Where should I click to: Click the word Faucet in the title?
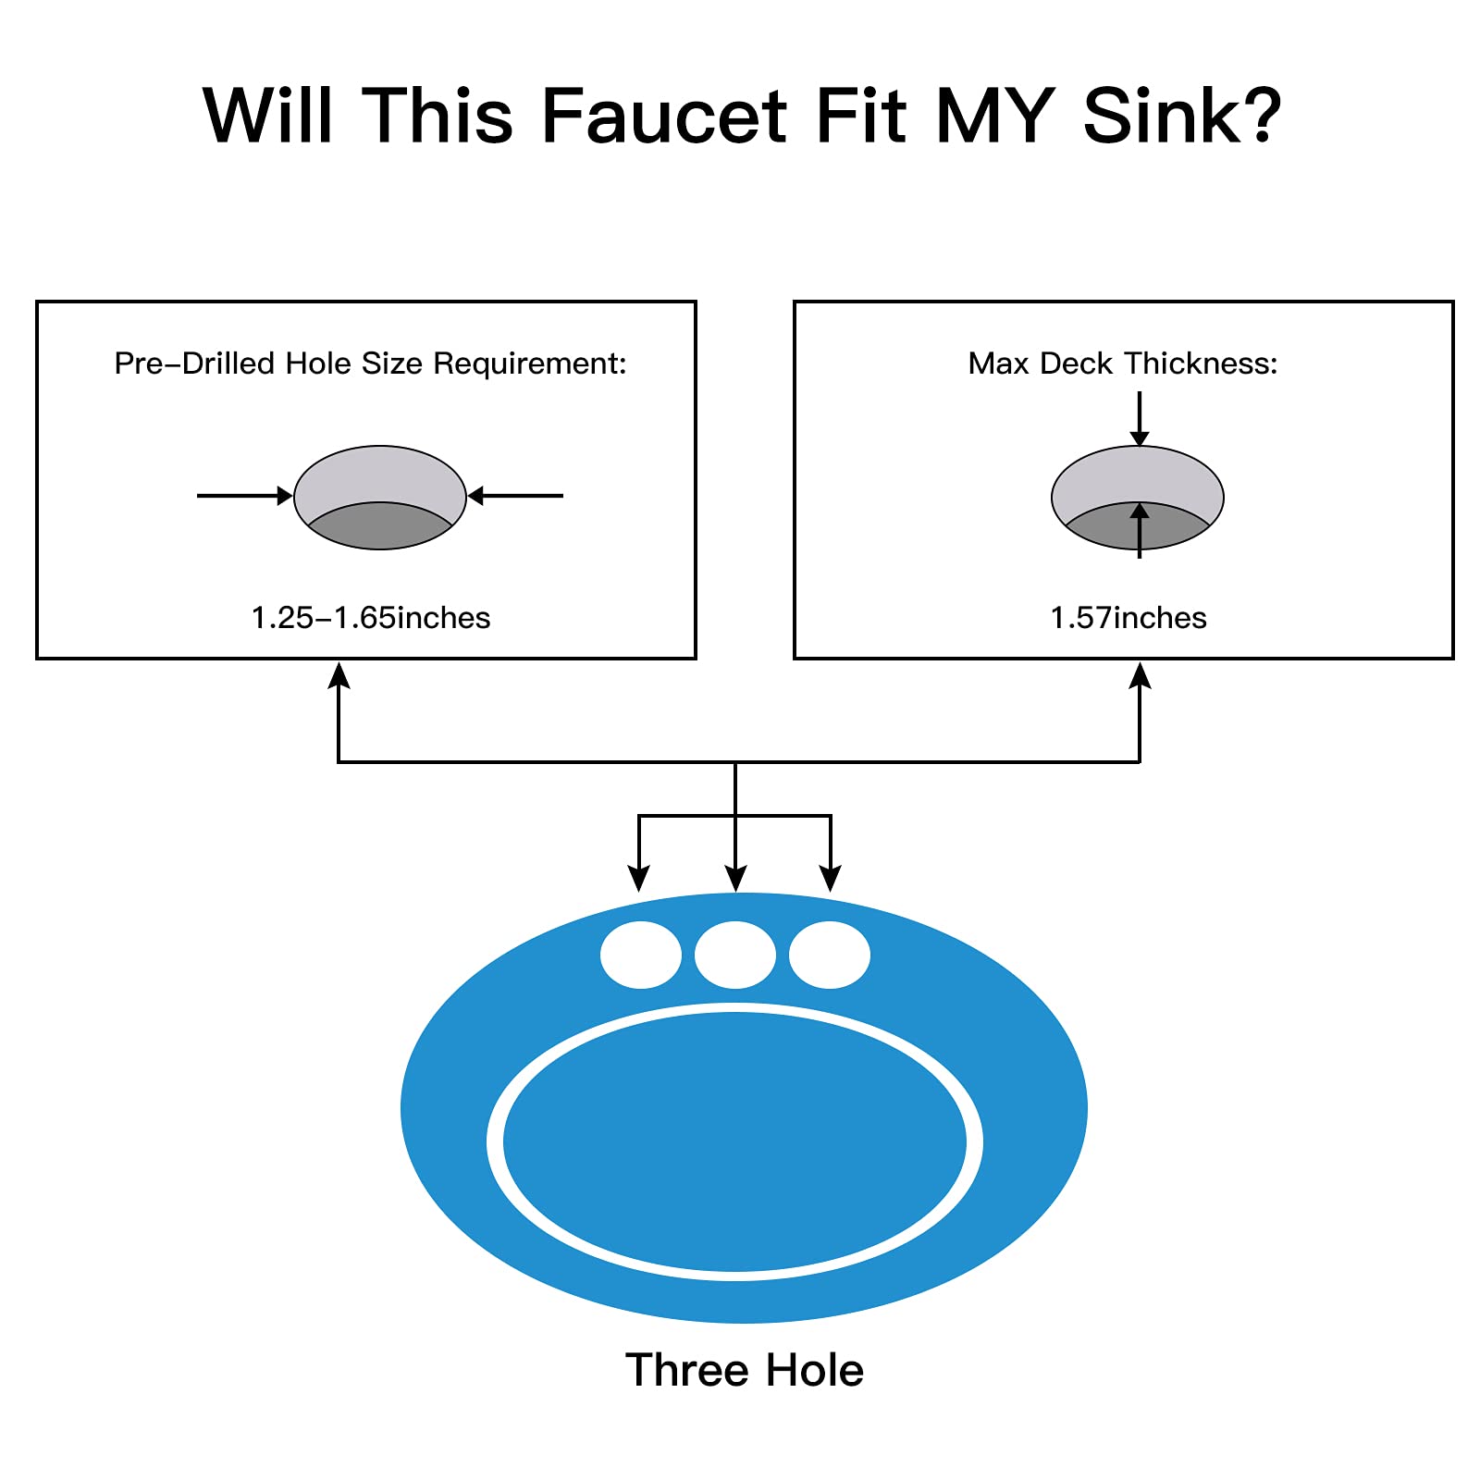662,117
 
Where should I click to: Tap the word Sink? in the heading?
1181,117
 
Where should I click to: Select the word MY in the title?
995,117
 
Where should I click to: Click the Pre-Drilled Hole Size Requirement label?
370,364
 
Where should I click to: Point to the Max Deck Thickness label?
1123,364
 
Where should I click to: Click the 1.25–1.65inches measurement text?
370,618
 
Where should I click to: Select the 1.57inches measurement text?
1128,618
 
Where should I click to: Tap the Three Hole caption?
744,1370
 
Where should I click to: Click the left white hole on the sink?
640,955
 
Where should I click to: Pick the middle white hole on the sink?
735,955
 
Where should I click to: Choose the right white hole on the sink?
830,955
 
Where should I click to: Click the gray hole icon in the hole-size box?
380,498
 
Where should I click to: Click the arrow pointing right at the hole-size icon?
245,496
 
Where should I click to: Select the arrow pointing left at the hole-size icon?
515,496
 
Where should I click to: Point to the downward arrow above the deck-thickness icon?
1140,419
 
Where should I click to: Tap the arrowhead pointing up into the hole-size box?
339,675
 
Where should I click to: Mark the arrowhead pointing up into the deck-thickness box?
1140,675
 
